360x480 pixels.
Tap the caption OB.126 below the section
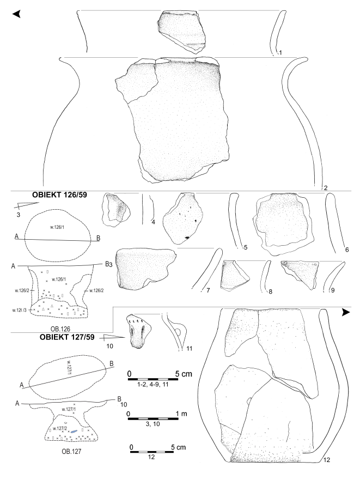(x=60, y=328)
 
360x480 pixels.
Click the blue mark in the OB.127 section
(x=74, y=431)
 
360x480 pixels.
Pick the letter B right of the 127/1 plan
(x=112, y=364)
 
